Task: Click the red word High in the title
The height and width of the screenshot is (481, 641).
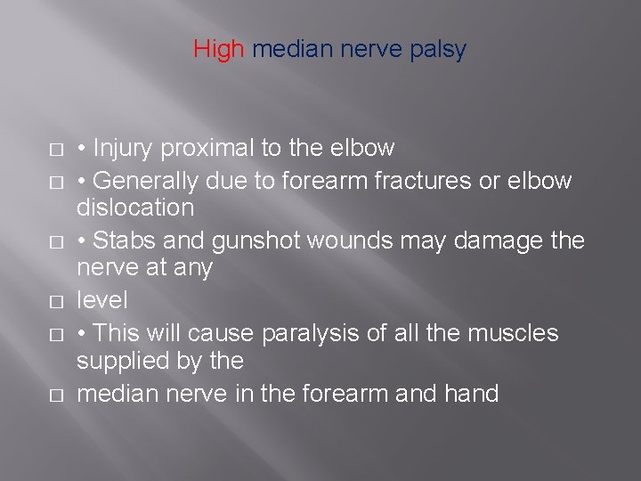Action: [218, 50]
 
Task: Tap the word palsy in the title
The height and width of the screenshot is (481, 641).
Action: [440, 50]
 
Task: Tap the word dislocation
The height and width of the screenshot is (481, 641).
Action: [135, 208]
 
